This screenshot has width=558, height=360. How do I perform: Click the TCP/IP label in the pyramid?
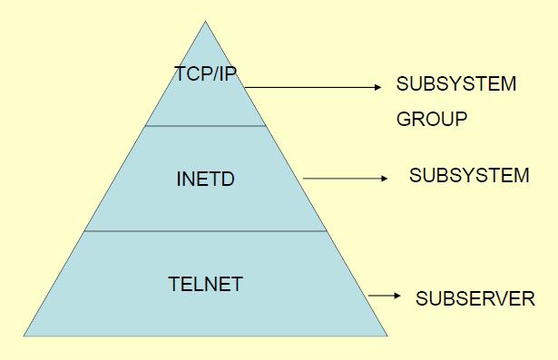click(x=206, y=73)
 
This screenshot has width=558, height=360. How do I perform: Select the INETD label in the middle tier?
click(x=205, y=179)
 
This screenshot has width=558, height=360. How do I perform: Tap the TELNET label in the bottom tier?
click(x=205, y=284)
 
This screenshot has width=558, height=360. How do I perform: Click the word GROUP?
click(x=432, y=119)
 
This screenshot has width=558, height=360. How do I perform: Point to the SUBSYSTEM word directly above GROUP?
click(x=456, y=85)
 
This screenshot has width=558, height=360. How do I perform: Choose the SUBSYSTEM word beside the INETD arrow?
click(x=469, y=176)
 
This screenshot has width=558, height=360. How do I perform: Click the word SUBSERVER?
click(x=475, y=297)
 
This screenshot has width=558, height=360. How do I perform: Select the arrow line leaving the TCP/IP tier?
click(x=308, y=88)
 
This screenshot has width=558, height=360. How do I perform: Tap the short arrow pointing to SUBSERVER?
click(x=383, y=296)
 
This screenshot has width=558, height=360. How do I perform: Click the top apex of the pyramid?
click(x=206, y=22)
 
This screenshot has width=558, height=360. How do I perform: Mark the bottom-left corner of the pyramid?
click(x=24, y=336)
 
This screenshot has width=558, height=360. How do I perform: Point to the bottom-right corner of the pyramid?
click(x=388, y=336)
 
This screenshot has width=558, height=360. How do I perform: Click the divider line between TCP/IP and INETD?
click(x=206, y=126)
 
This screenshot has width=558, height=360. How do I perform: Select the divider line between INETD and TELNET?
click(x=206, y=230)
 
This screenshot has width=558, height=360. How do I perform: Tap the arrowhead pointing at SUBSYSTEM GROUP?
click(x=379, y=88)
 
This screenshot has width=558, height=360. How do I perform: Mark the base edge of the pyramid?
click(x=206, y=336)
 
